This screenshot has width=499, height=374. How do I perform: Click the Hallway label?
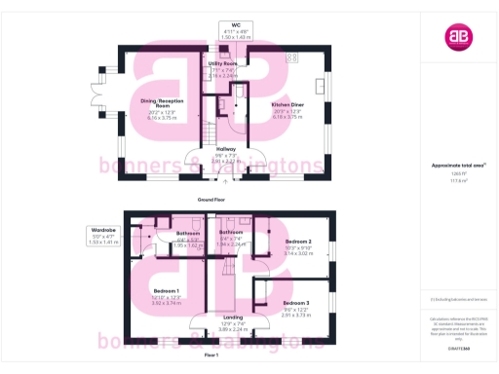226,148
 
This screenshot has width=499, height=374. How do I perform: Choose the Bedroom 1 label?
167,290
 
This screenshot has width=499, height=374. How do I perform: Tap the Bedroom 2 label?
298,241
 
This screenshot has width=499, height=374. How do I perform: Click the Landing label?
233,318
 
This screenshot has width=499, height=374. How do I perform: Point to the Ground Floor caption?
212,199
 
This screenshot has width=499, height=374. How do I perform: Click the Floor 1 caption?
211,355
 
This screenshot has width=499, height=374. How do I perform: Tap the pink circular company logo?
458,37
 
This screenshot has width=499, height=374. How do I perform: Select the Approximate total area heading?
458,166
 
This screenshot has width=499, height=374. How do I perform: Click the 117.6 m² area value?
458,180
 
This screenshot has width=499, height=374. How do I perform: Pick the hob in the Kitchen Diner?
291,57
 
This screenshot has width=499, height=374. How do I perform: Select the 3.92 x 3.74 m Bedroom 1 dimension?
167,303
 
